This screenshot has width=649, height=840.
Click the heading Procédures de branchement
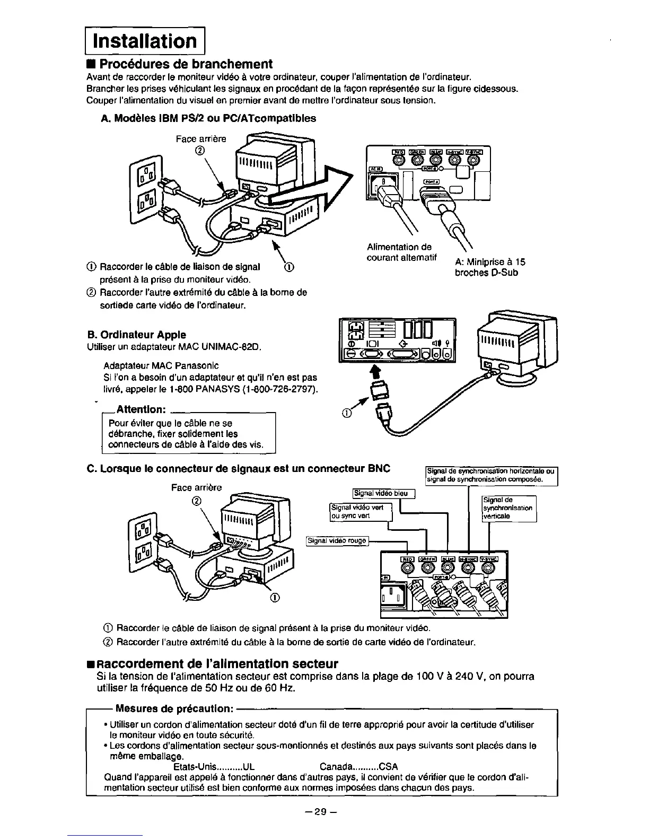[186, 64]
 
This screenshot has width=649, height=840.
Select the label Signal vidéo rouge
[337, 541]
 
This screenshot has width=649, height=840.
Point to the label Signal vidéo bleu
[381, 493]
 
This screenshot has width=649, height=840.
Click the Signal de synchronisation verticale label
[508, 508]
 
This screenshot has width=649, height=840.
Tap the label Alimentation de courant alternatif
[401, 252]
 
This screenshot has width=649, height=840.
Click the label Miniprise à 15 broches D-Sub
[489, 267]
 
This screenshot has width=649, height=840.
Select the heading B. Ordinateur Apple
[136, 335]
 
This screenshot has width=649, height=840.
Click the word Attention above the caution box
[142, 409]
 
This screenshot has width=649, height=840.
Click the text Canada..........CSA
[359, 767]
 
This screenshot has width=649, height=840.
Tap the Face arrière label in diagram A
[200, 139]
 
